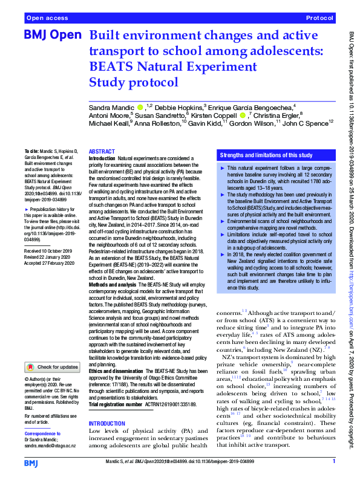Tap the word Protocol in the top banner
click(321, 19)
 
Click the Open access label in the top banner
click(47, 19)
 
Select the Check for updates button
click(52, 366)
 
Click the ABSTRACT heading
click(102, 152)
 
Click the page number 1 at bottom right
click(333, 462)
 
